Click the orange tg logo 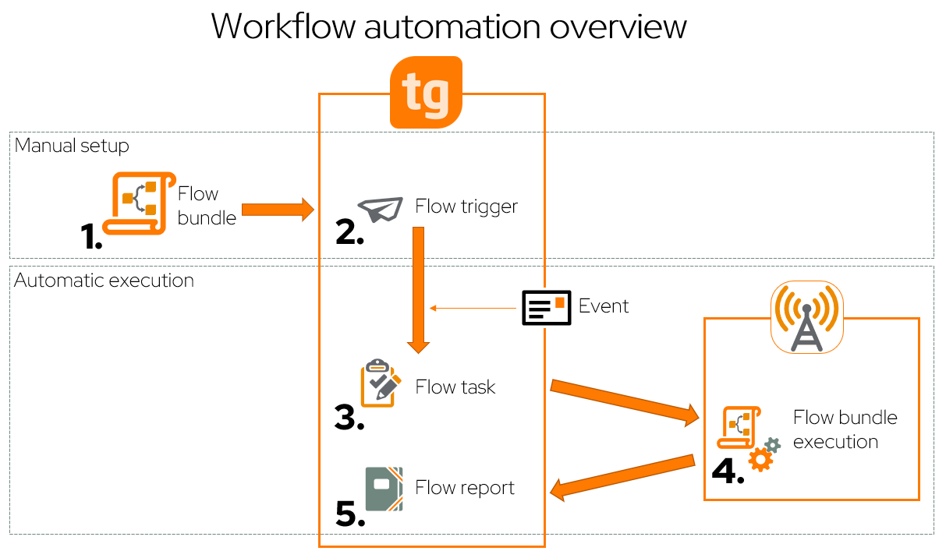coord(426,93)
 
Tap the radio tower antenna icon coord(807,317)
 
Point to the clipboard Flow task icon coord(381,383)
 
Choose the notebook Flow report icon coord(384,488)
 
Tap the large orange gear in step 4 coord(760,460)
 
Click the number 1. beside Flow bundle coord(92,235)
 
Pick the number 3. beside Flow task coord(349,417)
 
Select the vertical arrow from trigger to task coord(418,288)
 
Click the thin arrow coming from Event coord(473,309)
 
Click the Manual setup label coord(72,146)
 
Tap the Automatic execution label coord(104,281)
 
